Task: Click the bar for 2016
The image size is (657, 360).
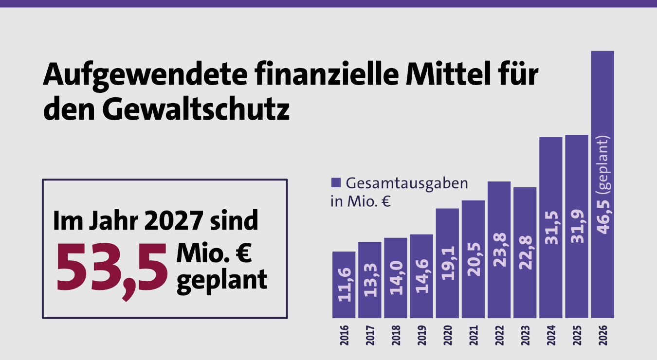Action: click(344, 285)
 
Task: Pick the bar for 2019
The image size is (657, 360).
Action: click(421, 276)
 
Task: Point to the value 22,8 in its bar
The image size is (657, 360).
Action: click(525, 255)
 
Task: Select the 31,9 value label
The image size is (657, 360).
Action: click(577, 229)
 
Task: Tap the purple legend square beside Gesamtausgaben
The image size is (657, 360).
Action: click(336, 183)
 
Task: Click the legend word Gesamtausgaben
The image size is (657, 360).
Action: click(406, 184)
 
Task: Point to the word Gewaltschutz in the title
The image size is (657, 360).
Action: click(196, 110)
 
